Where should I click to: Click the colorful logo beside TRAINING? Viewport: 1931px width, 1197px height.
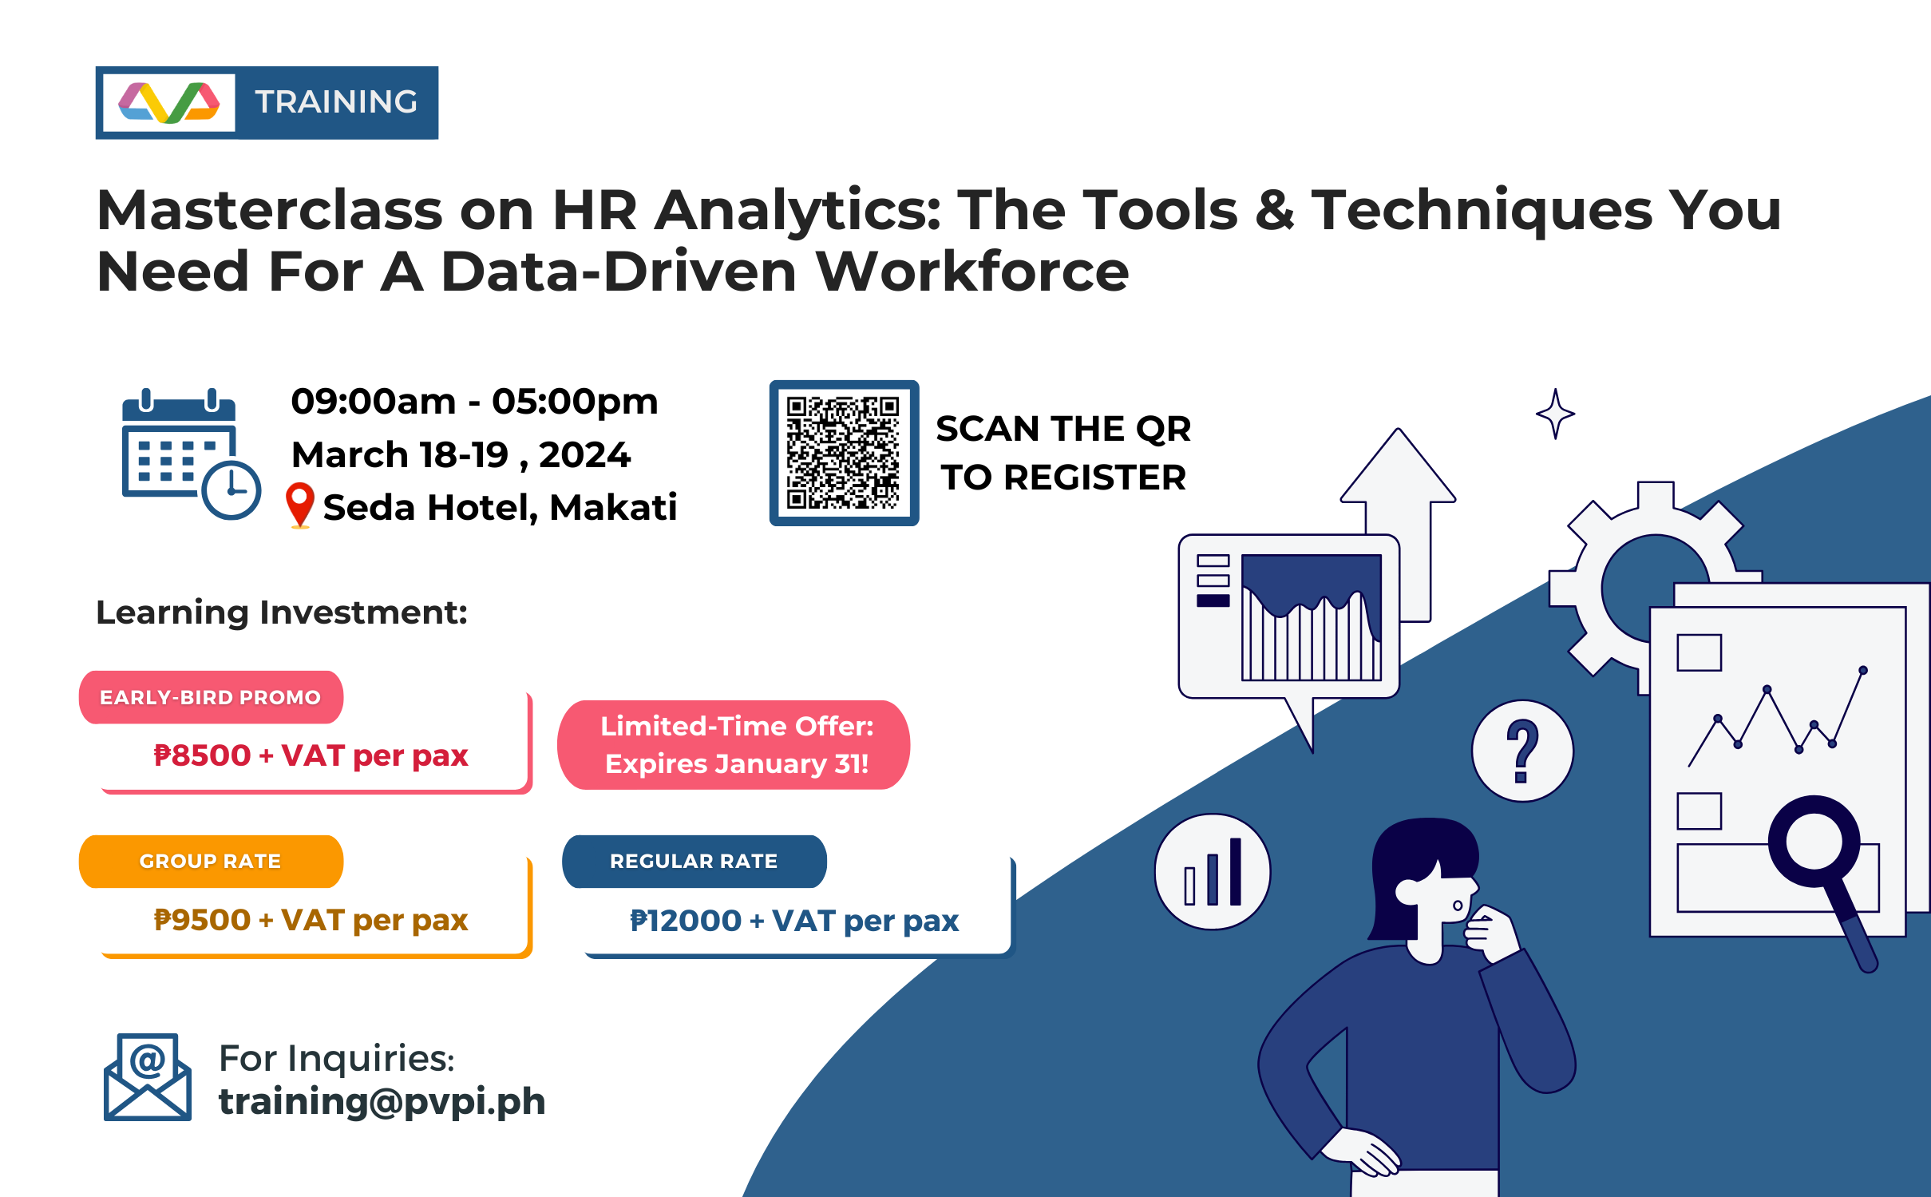[168, 102]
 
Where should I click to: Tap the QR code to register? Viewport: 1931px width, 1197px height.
[843, 453]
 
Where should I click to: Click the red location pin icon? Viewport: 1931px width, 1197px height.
[300, 503]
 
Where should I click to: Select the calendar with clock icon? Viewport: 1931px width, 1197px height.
[190, 454]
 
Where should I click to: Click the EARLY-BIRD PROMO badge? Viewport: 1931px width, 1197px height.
[211, 697]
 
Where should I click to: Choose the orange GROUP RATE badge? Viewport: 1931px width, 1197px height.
[211, 861]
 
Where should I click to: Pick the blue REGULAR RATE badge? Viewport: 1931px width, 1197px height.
[694, 861]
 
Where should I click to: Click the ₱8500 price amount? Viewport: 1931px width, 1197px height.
[203, 755]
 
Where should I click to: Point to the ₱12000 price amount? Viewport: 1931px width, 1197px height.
[686, 921]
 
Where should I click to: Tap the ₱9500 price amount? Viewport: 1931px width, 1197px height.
[203, 920]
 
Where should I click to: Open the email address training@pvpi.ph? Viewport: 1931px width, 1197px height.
[382, 1101]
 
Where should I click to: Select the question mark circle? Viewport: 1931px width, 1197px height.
[1522, 751]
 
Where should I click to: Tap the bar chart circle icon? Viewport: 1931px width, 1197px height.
[1213, 871]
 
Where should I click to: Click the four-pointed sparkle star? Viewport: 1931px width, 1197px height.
[1555, 414]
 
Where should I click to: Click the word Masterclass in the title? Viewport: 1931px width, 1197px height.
[269, 210]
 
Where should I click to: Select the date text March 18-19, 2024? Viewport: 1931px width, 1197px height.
[461, 454]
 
